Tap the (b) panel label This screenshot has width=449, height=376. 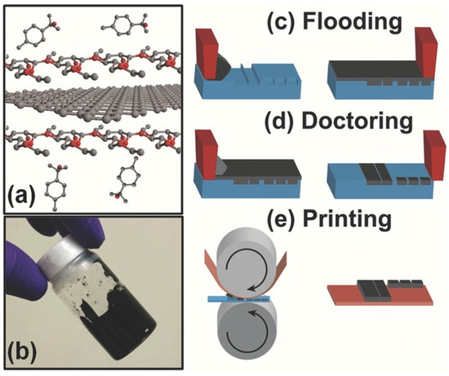[x=24, y=352]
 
